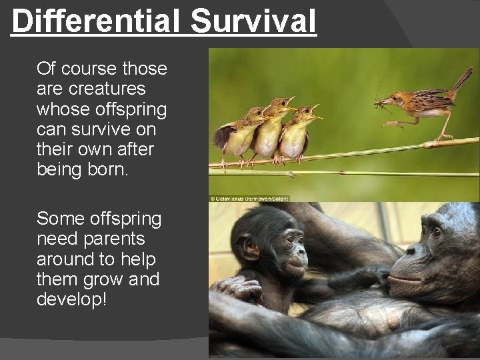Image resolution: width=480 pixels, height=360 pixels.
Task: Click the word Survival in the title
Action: pyautogui.click(x=253, y=21)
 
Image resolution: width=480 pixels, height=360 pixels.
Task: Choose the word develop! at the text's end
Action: pyautogui.click(x=71, y=299)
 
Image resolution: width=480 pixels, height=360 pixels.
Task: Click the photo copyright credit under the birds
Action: pyautogui.click(x=249, y=198)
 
